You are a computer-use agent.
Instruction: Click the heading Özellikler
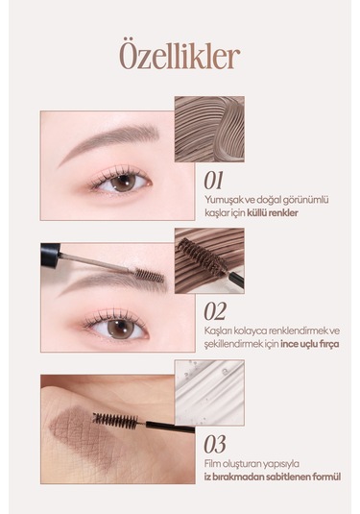coord(180,56)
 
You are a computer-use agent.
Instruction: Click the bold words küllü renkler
coord(274,212)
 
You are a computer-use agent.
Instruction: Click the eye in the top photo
coord(119,181)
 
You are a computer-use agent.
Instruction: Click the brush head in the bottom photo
coord(118,420)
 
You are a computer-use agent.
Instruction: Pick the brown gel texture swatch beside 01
coord(208,127)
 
